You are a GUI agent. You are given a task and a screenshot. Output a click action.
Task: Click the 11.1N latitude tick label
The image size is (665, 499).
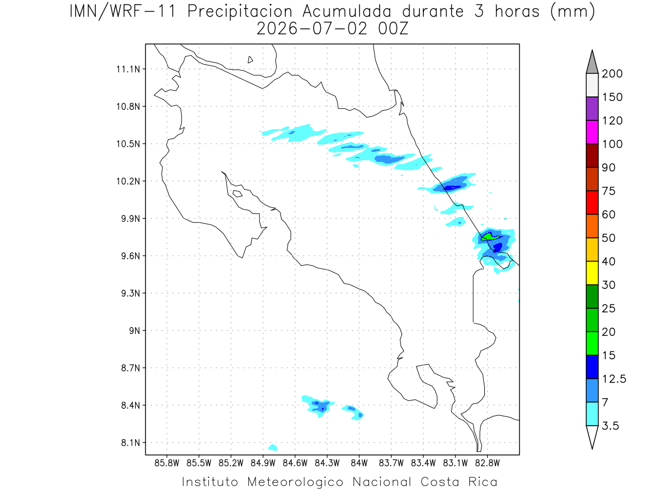pos(128,69)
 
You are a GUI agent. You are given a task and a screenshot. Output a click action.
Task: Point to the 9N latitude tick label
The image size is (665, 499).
pos(135,330)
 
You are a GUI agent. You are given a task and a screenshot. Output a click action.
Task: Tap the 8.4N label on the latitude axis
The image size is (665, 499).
pos(131,405)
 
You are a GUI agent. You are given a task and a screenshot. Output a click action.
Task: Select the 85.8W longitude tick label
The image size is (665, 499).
pos(167,463)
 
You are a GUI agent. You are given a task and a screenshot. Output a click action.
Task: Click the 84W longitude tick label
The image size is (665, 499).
pos(359,463)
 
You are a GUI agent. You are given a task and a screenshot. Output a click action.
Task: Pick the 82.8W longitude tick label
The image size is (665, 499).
pos(487,463)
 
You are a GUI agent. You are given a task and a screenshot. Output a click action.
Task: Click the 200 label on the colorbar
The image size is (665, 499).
pos(612,74)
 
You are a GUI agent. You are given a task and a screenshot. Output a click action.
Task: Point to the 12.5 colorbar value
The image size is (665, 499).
pos(614,379)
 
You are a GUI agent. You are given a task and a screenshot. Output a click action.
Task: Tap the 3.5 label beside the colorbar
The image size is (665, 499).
pos(610,426)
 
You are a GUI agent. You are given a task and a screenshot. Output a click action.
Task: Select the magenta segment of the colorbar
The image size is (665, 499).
pos(592,132)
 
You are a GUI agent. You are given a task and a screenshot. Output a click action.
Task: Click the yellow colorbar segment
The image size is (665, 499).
pos(592,273)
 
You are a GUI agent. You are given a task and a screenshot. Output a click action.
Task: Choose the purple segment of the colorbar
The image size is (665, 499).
pos(592,109)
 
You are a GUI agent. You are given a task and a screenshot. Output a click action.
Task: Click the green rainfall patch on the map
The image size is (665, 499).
pos(489,236)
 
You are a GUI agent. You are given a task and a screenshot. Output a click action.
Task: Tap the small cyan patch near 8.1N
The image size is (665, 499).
pos(273,447)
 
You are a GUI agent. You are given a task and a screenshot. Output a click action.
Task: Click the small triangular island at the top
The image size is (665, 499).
pos(250,59)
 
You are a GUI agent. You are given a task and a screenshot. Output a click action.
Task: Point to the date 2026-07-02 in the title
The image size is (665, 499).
pos(312,29)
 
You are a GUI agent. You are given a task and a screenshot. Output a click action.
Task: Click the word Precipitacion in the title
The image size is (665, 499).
pos(240,12)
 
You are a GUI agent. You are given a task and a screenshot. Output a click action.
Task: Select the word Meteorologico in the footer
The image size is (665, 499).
pos(295,482)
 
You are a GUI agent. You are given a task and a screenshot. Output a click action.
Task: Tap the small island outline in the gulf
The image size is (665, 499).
pos(238,194)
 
